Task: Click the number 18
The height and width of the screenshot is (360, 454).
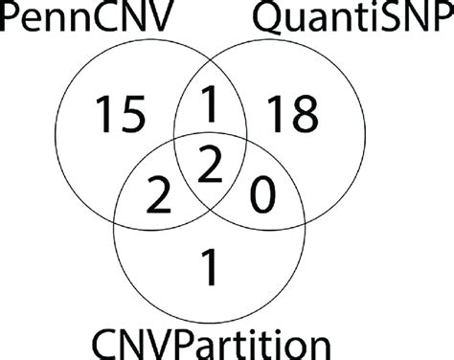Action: (294, 115)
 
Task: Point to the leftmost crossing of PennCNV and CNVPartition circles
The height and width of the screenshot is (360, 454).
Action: (114, 202)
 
